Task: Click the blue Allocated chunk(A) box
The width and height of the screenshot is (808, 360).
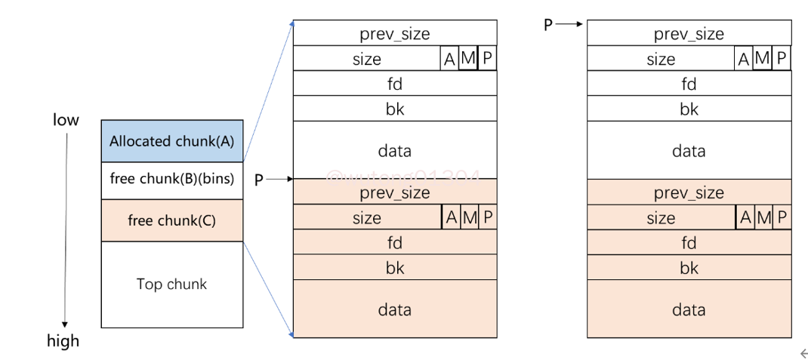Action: [x=171, y=140]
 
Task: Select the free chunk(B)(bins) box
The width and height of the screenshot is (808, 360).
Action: [x=171, y=180]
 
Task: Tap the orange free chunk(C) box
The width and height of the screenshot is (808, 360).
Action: [x=171, y=220]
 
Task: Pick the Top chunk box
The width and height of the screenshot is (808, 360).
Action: [x=171, y=284]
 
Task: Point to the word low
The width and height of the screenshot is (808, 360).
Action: [x=66, y=120]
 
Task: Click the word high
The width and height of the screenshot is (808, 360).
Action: [x=63, y=340]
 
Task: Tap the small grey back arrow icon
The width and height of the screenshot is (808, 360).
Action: [x=803, y=352]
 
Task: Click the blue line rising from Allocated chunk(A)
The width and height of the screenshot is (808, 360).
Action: [x=267, y=91]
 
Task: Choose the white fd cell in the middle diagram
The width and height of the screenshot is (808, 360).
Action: [x=394, y=83]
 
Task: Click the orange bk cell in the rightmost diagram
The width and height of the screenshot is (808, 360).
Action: [x=689, y=267]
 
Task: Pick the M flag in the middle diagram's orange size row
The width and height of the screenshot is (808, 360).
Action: [x=470, y=217]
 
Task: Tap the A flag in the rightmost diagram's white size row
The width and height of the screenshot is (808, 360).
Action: [x=743, y=58]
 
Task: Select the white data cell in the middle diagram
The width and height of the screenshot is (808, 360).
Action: [x=394, y=150]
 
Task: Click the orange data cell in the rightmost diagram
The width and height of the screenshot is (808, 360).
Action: [x=689, y=309]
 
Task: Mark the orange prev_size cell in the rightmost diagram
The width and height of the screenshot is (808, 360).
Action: [x=689, y=192]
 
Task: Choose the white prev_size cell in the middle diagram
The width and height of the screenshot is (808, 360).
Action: [x=394, y=33]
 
